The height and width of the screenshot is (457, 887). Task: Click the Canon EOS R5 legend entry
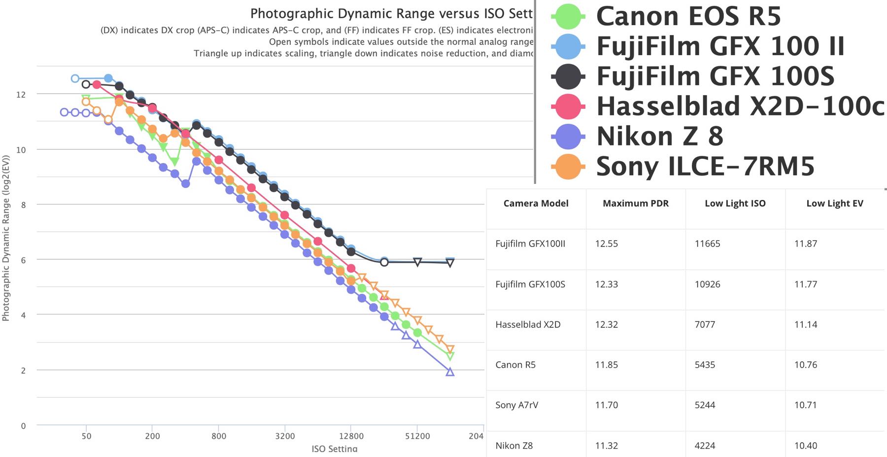pos(688,16)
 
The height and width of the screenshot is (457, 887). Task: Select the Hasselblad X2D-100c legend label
pos(739,106)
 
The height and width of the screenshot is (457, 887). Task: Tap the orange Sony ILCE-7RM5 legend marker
pos(568,166)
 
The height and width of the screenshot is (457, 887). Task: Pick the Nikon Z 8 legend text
pos(659,136)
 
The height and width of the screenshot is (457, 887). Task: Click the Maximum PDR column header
pos(636,204)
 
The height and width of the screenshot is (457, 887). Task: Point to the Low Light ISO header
pos(735,204)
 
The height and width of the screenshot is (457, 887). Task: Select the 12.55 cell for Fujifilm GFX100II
pos(606,244)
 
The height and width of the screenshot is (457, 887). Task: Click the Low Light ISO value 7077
pos(705,324)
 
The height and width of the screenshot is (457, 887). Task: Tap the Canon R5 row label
pos(515,365)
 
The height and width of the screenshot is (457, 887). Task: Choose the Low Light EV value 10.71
pos(805,405)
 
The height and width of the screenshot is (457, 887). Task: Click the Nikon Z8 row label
pos(514,445)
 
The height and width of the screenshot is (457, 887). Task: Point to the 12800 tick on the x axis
pos(351,436)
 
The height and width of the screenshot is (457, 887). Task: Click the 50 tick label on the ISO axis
pos(86,436)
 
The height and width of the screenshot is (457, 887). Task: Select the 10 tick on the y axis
pos(21,150)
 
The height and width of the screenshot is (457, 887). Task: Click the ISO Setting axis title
pos(335,449)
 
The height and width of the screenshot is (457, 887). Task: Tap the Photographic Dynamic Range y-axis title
pos(6,238)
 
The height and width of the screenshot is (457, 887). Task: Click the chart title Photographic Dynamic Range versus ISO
pos(391,14)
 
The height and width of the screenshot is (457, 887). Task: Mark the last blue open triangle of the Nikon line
pos(450,372)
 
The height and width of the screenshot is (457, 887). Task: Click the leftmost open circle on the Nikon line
pos(64,112)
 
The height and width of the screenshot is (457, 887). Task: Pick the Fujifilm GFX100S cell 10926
pos(707,284)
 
